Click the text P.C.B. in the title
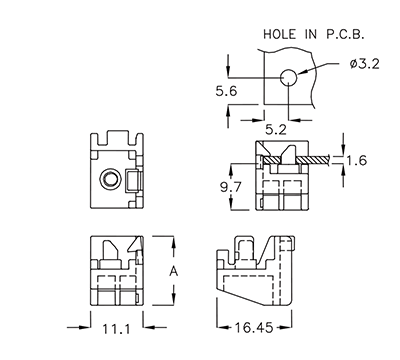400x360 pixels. click(x=347, y=34)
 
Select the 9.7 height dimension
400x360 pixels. click(x=231, y=186)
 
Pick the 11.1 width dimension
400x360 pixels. click(x=113, y=327)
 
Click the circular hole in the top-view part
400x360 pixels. click(x=109, y=179)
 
